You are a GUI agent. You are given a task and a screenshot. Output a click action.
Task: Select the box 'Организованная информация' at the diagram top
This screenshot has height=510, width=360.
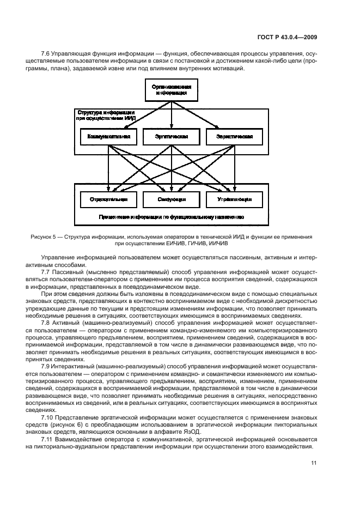click(x=172, y=89)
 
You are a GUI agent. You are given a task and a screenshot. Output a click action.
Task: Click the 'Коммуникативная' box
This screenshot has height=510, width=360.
click(x=108, y=136)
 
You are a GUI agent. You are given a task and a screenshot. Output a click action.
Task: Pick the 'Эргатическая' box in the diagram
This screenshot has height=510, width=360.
click(x=172, y=136)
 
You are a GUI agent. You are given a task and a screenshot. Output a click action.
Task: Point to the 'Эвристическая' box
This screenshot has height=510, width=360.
click(x=234, y=136)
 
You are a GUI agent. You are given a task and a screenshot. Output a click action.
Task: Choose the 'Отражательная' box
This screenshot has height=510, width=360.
click(x=108, y=199)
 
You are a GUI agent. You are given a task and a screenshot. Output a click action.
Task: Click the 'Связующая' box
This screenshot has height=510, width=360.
click(x=172, y=199)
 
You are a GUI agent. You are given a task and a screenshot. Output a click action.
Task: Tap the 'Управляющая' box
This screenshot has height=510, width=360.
click(x=234, y=199)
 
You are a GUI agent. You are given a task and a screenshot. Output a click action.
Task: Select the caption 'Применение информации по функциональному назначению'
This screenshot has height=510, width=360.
click(x=171, y=217)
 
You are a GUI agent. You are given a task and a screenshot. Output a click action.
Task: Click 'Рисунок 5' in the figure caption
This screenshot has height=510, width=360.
click(x=45, y=237)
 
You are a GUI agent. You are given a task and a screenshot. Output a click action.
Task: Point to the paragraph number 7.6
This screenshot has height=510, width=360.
click(x=46, y=54)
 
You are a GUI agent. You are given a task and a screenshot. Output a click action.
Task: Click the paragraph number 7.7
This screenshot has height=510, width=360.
click(x=46, y=271)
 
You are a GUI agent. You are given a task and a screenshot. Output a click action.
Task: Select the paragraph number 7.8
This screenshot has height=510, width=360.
click(x=46, y=323)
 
